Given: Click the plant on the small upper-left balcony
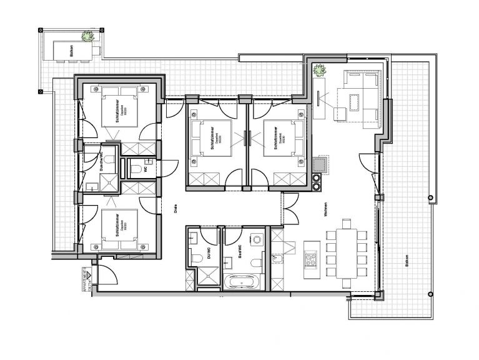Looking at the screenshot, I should tap(88, 36).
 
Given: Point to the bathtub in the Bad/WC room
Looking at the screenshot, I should tap(241, 282).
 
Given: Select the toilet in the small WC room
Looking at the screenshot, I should tap(135, 169).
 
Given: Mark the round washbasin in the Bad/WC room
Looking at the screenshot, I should tap(256, 239).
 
